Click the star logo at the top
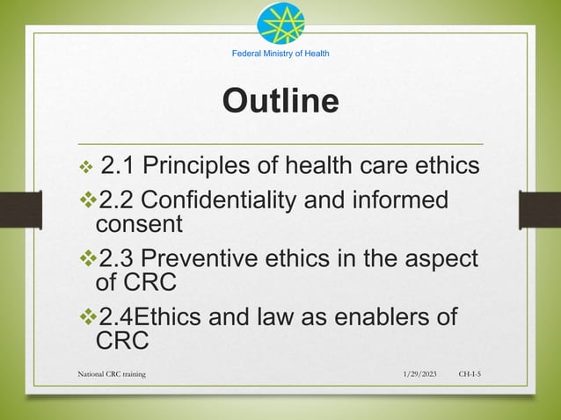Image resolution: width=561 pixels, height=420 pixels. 280,25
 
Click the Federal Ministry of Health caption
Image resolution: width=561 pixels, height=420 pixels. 280,54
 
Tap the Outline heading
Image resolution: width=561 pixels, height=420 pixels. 280,101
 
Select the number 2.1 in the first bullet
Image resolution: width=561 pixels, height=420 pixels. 119,164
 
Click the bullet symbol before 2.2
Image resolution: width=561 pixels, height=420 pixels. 85,199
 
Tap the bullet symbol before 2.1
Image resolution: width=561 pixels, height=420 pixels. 85,165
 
